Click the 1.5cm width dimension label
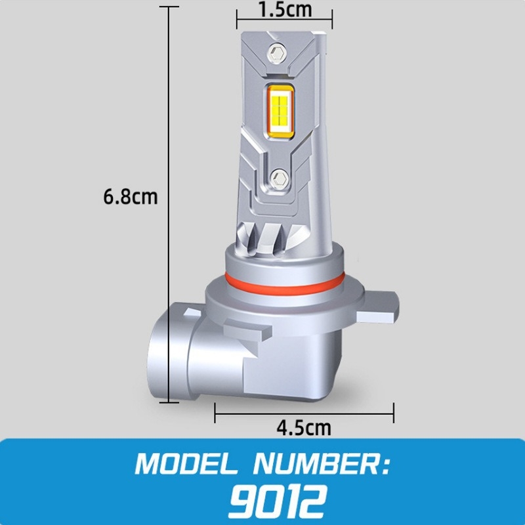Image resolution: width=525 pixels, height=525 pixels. coord(284,10)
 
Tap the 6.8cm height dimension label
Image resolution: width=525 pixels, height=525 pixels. coord(131,196)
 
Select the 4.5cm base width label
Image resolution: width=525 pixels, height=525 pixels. coord(304,428)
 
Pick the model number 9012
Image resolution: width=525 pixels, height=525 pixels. coord(277,501)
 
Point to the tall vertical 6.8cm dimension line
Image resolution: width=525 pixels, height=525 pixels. coord(171,197)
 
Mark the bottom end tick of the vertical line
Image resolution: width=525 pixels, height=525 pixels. coord(171,401)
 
